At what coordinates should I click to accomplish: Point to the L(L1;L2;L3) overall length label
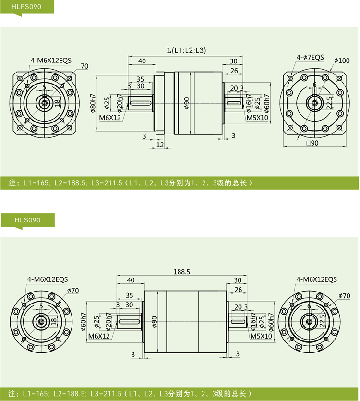[186, 50]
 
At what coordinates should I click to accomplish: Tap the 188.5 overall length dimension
[182, 272]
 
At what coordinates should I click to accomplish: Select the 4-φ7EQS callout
[310, 57]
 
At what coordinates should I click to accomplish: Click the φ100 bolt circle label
[342, 61]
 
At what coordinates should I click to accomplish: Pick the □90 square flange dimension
[312, 143]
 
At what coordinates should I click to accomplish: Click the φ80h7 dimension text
[93, 103]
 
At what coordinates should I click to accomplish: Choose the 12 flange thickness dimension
[160, 145]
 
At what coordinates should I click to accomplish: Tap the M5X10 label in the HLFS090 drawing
[257, 118]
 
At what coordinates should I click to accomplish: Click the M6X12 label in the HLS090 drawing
[99, 336]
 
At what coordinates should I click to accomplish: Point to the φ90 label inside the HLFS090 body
[187, 103]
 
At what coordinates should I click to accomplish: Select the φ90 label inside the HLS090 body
[154, 321]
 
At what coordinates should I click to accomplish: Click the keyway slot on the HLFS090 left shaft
[141, 103]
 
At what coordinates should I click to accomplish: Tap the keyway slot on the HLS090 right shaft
[238, 321]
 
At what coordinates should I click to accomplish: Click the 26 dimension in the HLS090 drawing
[238, 290]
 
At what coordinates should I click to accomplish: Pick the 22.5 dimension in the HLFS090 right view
[329, 102]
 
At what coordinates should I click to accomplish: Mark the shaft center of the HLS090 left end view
[41, 321]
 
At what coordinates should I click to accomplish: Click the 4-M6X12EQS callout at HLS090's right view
[316, 279]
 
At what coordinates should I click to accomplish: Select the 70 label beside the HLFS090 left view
[84, 66]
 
